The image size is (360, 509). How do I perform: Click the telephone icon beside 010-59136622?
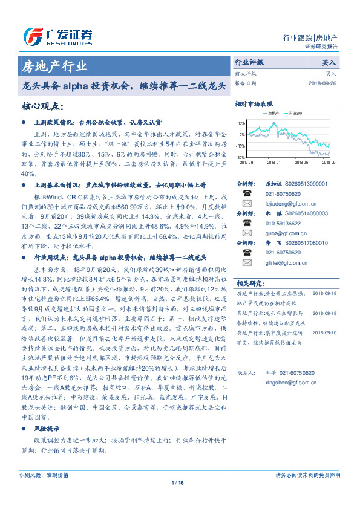(x=246, y=222)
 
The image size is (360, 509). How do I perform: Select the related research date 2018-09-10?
(x=326, y=332)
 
